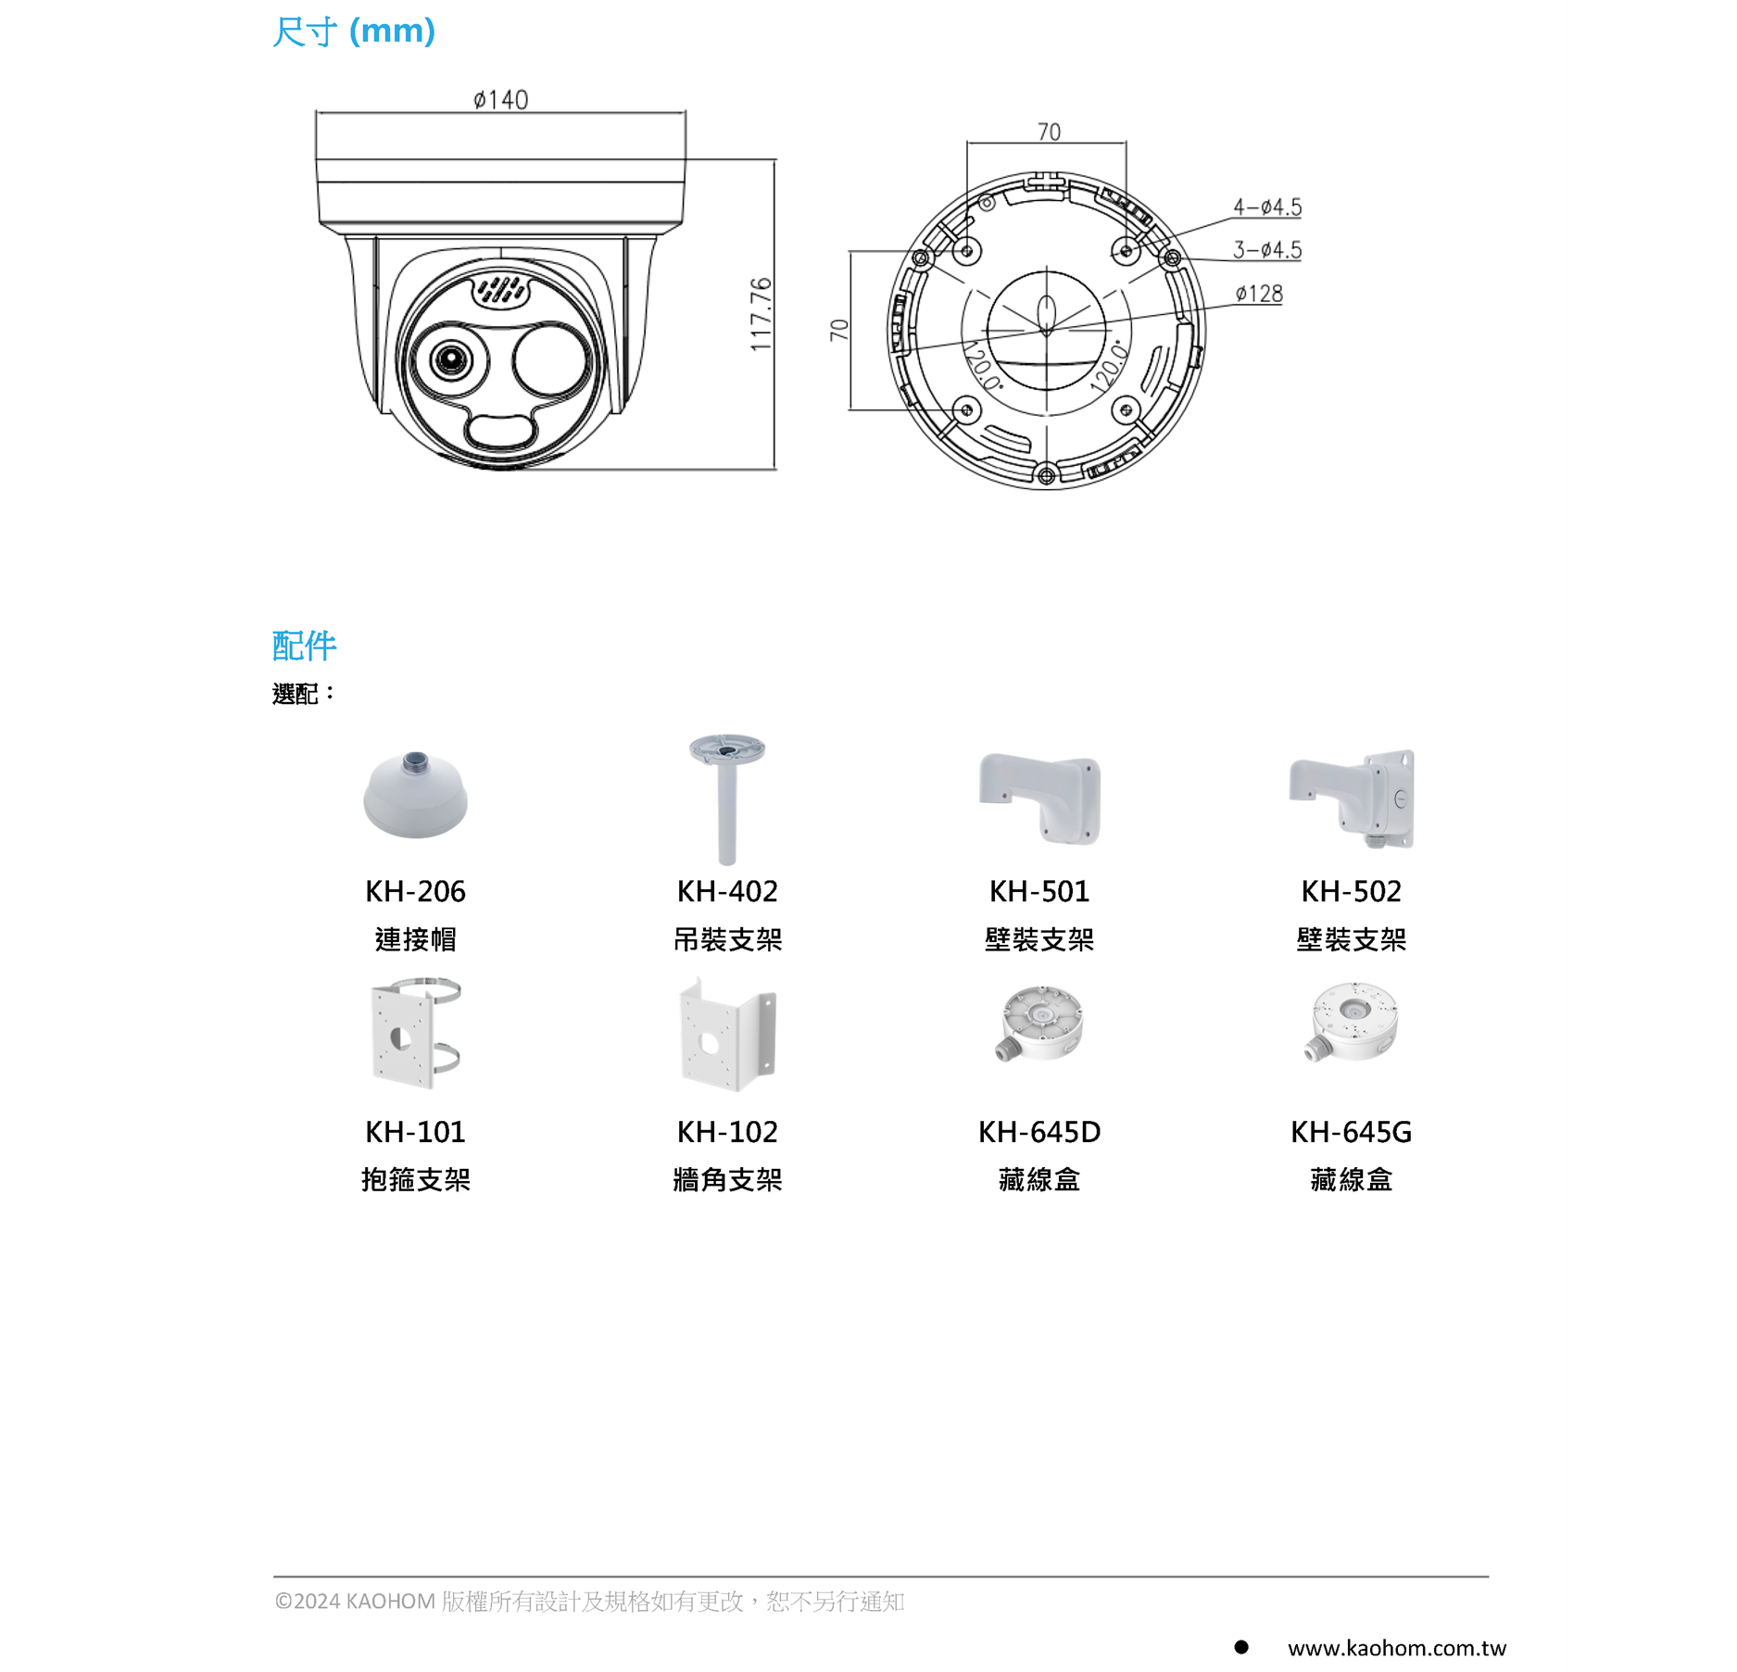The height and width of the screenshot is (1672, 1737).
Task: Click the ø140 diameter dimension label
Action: click(500, 99)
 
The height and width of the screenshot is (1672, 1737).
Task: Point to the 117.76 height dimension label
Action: click(761, 315)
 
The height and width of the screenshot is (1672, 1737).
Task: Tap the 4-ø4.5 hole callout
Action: click(1266, 207)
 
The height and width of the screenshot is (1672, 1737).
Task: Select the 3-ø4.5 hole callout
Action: click(1266, 250)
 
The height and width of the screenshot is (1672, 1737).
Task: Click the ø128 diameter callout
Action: click(1259, 295)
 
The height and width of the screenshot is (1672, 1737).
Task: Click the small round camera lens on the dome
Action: click(451, 358)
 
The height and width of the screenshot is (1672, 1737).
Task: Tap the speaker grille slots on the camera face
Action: click(501, 290)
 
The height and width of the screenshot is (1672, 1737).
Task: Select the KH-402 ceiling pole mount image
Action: click(727, 798)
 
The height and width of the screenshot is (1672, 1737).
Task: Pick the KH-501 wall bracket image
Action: click(1039, 798)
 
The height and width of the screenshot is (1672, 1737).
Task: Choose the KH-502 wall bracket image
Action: click(1352, 799)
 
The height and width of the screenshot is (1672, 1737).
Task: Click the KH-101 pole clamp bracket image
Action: click(415, 1032)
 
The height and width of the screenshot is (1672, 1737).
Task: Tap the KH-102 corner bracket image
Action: click(727, 1035)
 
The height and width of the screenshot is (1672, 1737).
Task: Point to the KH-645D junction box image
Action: click(1040, 1024)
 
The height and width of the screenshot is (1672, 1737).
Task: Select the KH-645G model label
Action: click(1351, 1132)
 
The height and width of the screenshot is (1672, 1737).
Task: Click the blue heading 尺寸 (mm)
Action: click(354, 31)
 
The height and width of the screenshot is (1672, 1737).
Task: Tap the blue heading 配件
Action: click(304, 646)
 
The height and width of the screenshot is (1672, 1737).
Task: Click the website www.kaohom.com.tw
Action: click(1396, 1648)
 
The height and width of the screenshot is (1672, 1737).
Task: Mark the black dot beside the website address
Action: click(1241, 1647)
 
